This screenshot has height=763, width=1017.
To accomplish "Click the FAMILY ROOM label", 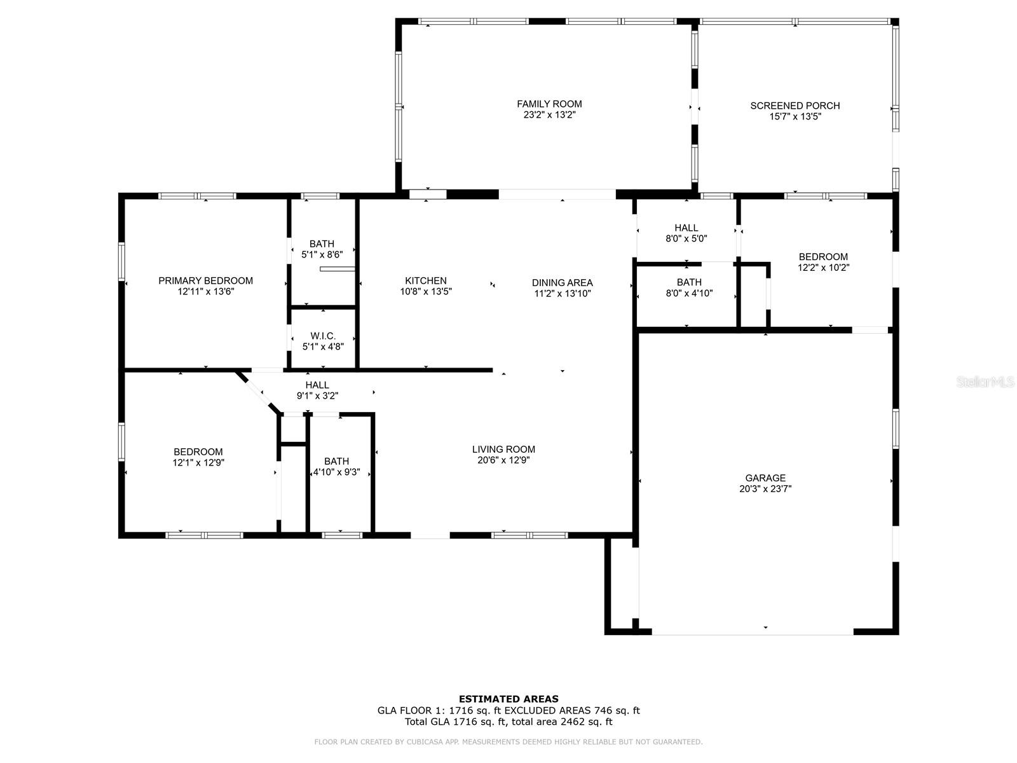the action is click(x=549, y=104).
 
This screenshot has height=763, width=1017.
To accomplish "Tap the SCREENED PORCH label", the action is click(x=795, y=106).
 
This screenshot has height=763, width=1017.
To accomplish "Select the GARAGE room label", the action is click(x=765, y=478).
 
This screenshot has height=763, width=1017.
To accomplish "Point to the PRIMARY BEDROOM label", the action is click(x=206, y=281).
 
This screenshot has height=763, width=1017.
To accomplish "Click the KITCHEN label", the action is click(x=426, y=281).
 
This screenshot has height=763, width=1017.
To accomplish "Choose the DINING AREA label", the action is click(x=562, y=282).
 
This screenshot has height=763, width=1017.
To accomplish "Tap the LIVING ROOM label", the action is click(x=503, y=450).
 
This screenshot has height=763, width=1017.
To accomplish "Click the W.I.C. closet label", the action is click(x=323, y=336).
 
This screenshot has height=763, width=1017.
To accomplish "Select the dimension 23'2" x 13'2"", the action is click(x=550, y=115).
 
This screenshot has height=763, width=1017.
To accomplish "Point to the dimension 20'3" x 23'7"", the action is click(x=765, y=489).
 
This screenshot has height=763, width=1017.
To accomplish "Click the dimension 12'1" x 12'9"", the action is click(x=198, y=463).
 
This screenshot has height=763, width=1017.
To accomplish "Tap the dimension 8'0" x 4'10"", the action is click(x=689, y=293).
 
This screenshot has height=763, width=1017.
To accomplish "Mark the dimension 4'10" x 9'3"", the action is click(x=336, y=472).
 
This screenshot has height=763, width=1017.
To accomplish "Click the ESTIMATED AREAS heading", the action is click(x=508, y=699).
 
